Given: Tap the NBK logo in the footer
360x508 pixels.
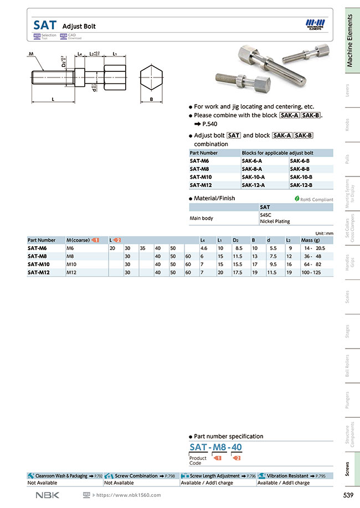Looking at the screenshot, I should [x=47, y=495].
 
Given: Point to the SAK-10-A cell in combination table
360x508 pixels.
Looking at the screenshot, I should [x=253, y=177].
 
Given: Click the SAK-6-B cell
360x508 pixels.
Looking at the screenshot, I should [x=301, y=160].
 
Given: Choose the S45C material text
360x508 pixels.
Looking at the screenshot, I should [x=265, y=214].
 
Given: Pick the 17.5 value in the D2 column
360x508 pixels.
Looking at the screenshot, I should [x=238, y=272].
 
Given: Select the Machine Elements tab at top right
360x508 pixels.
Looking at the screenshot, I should [x=349, y=42].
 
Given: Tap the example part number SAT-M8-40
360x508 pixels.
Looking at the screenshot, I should [x=215, y=447].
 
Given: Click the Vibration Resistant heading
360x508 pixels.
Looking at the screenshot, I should [x=287, y=475].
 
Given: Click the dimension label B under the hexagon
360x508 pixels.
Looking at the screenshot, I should [x=151, y=100].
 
